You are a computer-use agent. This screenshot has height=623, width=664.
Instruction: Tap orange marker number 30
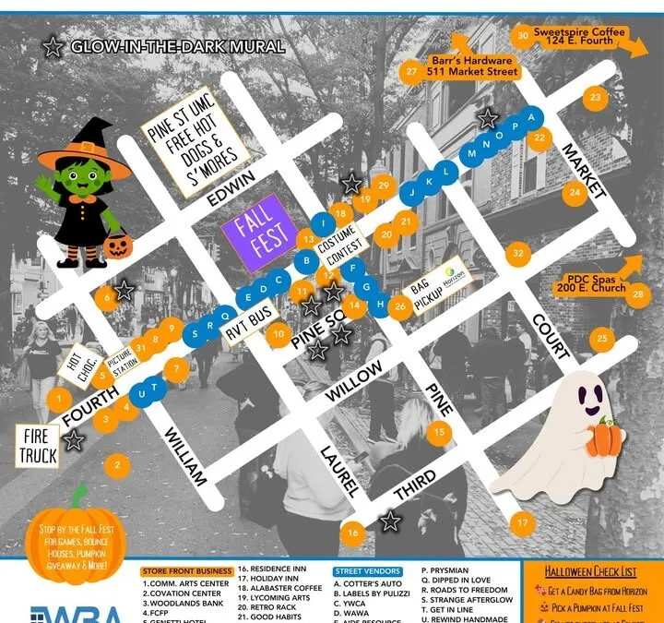coord(523,36)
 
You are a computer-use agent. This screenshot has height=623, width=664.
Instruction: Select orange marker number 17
coord(524,523)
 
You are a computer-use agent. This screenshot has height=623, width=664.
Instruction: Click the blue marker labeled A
coord(529,118)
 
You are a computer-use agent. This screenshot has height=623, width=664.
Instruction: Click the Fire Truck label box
coord(38,446)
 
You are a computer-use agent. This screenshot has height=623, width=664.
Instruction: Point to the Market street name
coord(583,170)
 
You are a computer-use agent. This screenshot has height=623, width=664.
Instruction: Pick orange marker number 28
coord(637,293)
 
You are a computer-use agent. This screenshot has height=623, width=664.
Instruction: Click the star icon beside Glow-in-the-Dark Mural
coord(53,46)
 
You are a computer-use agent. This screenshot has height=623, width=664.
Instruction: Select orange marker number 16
coord(352,533)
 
